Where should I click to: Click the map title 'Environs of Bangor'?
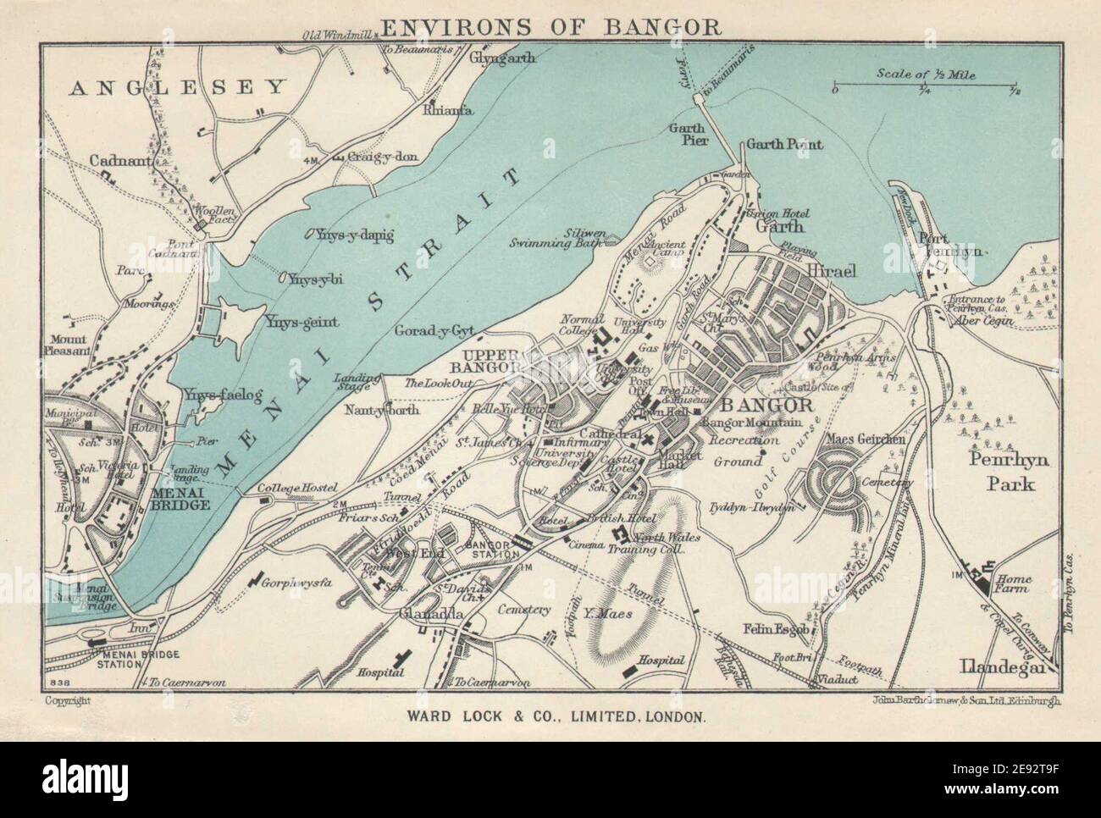(x=551, y=25)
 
